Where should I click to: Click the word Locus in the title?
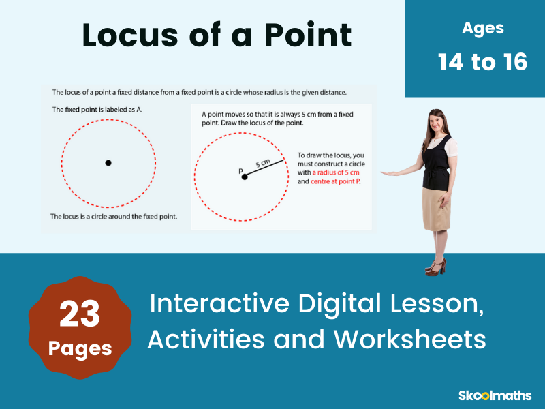130,35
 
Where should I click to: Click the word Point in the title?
308,35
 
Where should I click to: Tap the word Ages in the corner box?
483,29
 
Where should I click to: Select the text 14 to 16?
482,62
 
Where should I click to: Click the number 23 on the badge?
80,314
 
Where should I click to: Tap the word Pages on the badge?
80,348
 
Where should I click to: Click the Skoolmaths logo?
495,395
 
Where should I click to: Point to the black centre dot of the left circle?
108,163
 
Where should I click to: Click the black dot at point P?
245,177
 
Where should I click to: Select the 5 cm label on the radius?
263,163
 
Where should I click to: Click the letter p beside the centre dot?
240,170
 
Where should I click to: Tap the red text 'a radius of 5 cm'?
336,172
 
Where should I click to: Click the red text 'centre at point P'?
335,181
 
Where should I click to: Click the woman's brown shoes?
436,268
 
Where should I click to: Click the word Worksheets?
410,339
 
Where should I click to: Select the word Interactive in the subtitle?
219,303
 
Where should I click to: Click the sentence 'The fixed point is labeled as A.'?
97,110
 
